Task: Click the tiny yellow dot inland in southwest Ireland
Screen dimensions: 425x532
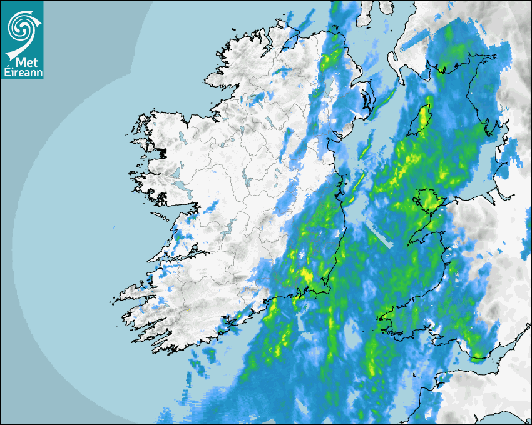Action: pyautogui.click(x=188, y=311)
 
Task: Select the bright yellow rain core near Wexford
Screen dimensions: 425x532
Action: pyautogui.click(x=307, y=275)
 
